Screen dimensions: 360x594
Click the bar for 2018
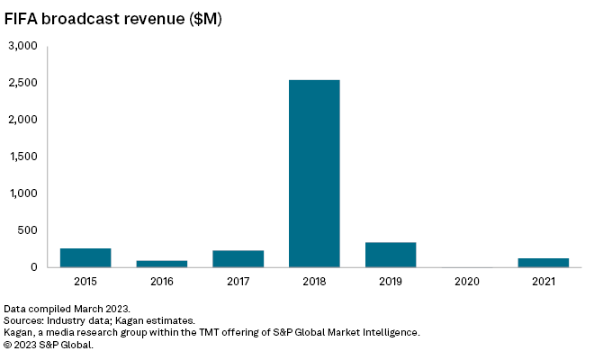314,174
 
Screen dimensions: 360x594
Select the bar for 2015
85,257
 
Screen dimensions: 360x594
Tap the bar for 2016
162,264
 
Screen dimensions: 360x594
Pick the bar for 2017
238,258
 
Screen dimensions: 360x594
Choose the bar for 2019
391,255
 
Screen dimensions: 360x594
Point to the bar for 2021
543,263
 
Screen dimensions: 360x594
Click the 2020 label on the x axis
467,282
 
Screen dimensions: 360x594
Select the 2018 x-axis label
314,282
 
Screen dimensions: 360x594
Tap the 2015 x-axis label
85,282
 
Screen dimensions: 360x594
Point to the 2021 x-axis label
543,282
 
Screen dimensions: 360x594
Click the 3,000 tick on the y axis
22,46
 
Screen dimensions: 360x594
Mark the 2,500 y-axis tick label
22,83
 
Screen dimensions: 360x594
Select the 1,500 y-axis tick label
22,157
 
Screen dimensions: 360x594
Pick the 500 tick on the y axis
27,230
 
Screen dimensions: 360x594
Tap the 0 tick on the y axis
33,267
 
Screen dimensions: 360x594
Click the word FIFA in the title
23,17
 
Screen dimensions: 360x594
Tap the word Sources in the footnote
25,320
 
